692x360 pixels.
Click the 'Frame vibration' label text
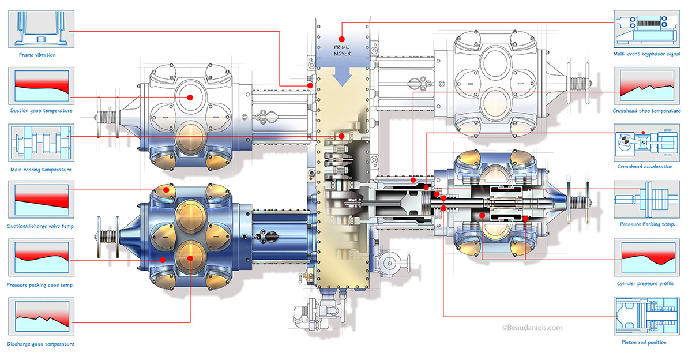[x=37, y=55]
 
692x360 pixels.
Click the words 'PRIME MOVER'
[x=342, y=50]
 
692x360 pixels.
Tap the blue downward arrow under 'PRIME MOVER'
[x=343, y=75]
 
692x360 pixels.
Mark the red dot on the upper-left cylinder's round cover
[x=189, y=97]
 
